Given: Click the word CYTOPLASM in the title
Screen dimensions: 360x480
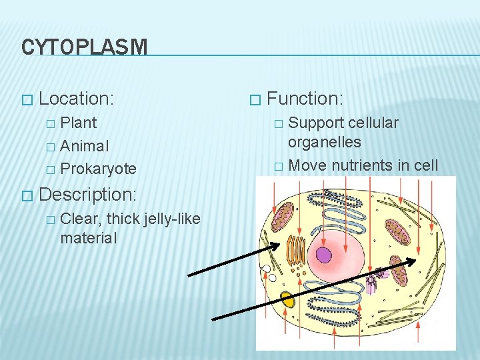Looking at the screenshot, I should coord(83,47).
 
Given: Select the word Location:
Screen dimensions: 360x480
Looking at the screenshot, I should coord(77,99).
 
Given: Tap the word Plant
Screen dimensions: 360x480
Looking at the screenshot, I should coord(79,123).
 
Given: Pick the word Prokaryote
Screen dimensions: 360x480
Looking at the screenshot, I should coord(98,169).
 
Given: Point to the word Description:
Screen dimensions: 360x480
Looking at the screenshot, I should coord(88,195).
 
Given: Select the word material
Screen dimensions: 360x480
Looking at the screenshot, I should coord(88,238).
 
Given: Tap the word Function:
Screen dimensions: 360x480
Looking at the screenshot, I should coord(305,99).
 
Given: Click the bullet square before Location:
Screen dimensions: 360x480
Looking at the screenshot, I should coord(26,99).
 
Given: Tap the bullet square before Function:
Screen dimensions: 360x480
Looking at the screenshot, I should coord(253,99).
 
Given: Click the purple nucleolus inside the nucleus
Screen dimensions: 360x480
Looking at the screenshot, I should coord(324,255).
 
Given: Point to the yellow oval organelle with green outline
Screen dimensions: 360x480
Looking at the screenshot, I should coord(287,299).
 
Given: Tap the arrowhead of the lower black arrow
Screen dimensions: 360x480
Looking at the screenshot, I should coord(414,261).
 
